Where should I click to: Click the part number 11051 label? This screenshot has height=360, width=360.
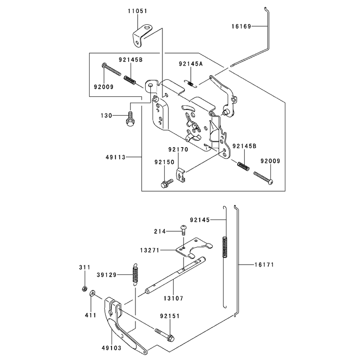(x=138, y=11)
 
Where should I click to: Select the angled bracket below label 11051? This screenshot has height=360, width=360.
(x=142, y=36)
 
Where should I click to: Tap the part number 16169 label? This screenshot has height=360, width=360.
(x=241, y=27)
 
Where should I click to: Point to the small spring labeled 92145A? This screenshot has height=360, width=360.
(x=191, y=83)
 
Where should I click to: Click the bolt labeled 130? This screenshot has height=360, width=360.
(x=130, y=119)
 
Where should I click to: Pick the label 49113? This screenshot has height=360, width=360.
(x=116, y=157)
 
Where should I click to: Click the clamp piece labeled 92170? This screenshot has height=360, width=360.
(x=180, y=175)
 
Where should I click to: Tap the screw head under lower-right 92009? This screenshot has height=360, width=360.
(x=270, y=182)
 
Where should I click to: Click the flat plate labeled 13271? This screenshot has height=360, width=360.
(x=194, y=248)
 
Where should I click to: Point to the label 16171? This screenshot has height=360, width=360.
(x=264, y=265)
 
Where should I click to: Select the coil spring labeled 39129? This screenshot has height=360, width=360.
(x=136, y=274)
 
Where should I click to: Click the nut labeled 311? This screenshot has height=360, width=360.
(x=85, y=288)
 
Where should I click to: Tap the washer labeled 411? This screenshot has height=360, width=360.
(x=93, y=293)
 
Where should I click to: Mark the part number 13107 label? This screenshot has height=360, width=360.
(x=174, y=298)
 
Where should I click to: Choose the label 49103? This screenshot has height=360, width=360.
(x=112, y=348)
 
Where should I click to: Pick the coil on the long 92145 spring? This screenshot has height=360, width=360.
(x=225, y=247)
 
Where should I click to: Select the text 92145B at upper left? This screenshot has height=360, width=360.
(x=130, y=60)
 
